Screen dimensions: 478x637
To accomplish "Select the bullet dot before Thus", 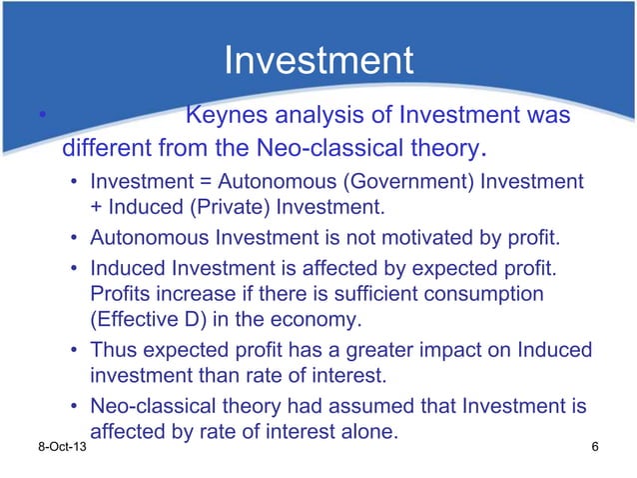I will (75, 352).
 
